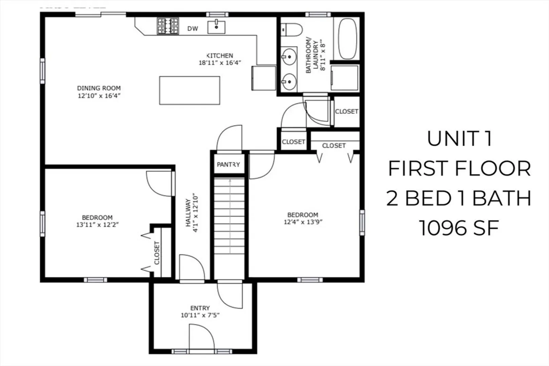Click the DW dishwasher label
[192, 29]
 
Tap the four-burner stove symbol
[168, 26]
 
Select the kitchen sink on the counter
[216, 27]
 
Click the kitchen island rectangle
[190, 90]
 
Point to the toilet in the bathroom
[291, 30]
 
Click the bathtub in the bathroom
[347, 38]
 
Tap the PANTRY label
[228, 164]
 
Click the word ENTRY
[200, 308]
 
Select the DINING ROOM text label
[99, 88]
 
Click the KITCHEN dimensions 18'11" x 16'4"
[220, 63]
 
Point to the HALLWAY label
[188, 212]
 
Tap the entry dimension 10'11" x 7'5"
[200, 315]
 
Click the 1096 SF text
[459, 228]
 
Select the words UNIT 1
[459, 139]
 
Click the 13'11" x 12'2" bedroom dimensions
[97, 225]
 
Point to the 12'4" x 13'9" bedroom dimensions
[303, 222]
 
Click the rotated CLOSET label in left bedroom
[157, 253]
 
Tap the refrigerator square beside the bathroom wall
[264, 78]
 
